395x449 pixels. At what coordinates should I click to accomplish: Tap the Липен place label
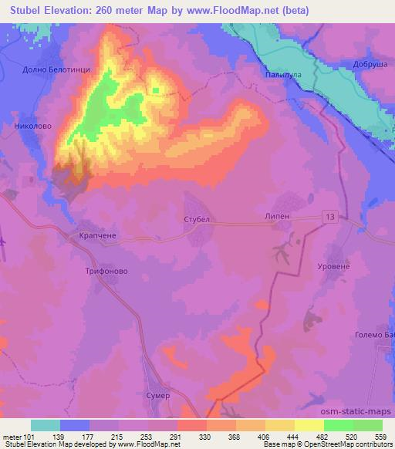tap(277, 217)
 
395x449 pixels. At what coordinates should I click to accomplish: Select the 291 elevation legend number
tap(176, 436)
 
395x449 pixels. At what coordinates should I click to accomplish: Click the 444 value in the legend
tap(294, 436)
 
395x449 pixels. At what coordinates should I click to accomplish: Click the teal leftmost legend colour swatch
tap(46, 425)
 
